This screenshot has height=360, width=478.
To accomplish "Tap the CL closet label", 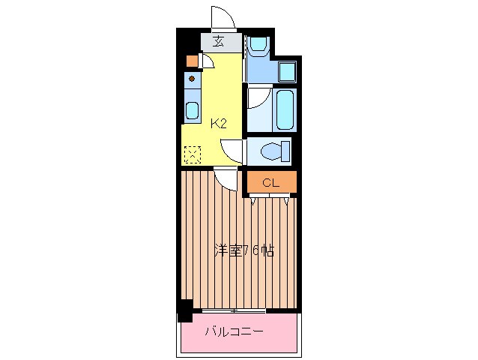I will pyautogui.click(x=270, y=181).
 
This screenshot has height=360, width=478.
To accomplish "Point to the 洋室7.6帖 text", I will pyautogui.click(x=243, y=251).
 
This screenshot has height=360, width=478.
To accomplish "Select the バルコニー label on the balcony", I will pyautogui.click(x=235, y=331).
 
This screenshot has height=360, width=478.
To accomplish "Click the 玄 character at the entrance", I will pyautogui.click(x=218, y=41).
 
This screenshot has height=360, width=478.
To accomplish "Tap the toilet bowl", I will pyautogui.click(x=273, y=152).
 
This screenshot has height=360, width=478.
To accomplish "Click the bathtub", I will pyautogui.click(x=285, y=109).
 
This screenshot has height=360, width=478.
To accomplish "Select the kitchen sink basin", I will pyautogui.click(x=192, y=110).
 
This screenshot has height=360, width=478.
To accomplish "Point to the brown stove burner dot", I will pyautogui.click(x=192, y=79).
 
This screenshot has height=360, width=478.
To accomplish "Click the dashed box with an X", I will pyautogui.click(x=192, y=154).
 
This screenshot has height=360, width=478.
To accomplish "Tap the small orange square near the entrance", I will pyautogui.click(x=191, y=61).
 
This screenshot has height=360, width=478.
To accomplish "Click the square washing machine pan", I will pyautogui.click(x=287, y=72).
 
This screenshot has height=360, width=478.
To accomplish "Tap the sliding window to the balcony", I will pyautogui.click(x=235, y=310).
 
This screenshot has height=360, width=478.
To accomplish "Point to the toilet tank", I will pyautogui.click(x=288, y=152).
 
